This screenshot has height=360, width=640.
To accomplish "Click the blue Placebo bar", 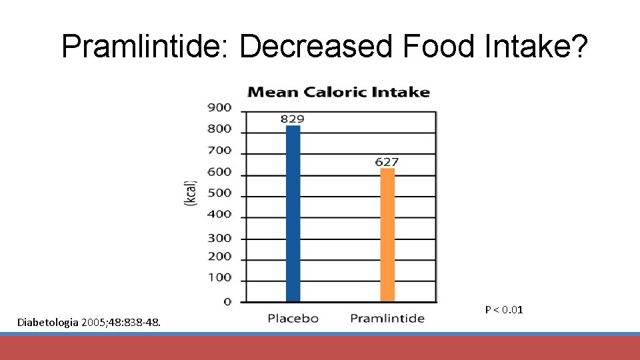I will point(293,213).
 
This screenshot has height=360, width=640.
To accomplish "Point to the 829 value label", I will point(292,119).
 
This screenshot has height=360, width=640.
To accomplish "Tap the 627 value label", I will point(387,161).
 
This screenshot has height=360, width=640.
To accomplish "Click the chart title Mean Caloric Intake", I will point(339,92).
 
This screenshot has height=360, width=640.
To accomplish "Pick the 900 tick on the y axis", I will point(219,107).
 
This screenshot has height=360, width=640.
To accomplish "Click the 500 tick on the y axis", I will point(219,193).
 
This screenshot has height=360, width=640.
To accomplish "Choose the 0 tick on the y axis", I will point(227,302).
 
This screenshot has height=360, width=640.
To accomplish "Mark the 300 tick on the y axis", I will point(219,237).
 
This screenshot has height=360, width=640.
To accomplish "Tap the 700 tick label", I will point(219,151).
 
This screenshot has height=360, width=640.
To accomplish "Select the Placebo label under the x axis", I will point(293,319).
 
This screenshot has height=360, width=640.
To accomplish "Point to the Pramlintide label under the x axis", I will point(387,319).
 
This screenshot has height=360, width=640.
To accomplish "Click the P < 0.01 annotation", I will point(504,309).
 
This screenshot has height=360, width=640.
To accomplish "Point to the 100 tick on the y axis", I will point(219,277).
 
